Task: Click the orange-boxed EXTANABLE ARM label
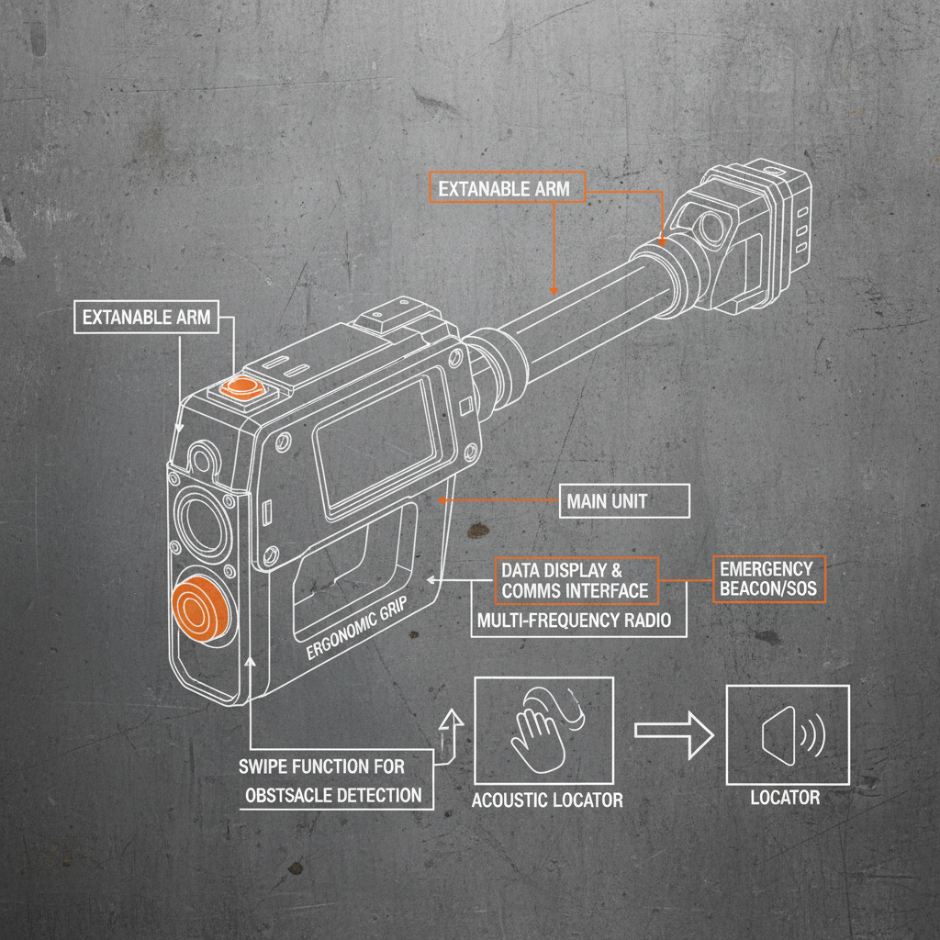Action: [x=504, y=189]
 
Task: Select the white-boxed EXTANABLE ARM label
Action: [x=146, y=318]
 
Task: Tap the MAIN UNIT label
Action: [x=607, y=501]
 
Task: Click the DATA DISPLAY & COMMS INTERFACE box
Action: [x=575, y=580]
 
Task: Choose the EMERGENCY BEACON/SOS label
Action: [x=767, y=578]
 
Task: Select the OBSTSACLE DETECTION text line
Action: [x=334, y=795]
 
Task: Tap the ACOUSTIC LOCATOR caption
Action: [x=547, y=800]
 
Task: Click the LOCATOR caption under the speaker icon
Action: [x=785, y=797]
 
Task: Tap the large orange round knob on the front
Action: [x=200, y=610]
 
